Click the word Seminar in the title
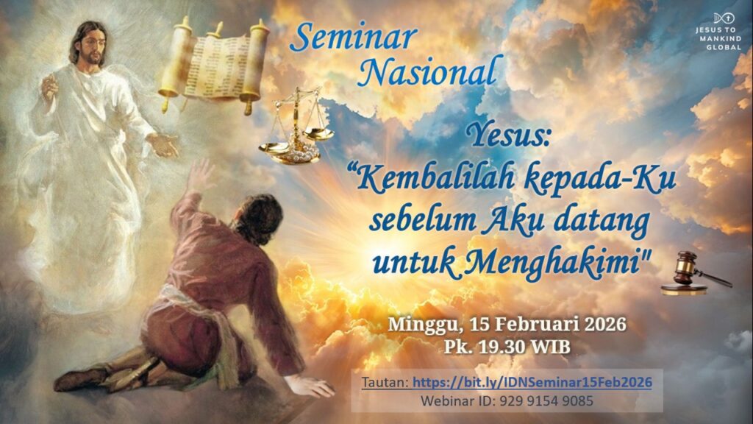pos(353,37)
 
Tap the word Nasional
pos(429,71)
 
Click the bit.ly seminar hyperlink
pos(532,382)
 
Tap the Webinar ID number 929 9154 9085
pos(546,400)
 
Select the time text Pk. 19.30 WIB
pos(507,346)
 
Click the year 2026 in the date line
pos(605,324)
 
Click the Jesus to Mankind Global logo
pos(718,32)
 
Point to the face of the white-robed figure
pos(91,46)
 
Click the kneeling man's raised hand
pos(200,175)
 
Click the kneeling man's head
pos(260,217)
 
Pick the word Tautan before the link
pos(385,383)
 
